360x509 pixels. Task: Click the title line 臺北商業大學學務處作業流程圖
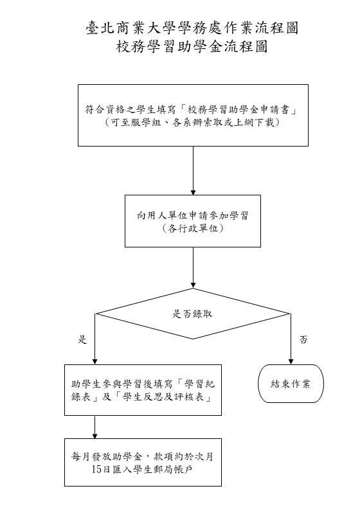[192, 28]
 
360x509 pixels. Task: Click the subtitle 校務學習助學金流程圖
[192, 46]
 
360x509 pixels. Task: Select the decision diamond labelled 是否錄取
[193, 314]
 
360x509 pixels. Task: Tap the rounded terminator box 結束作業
[291, 384]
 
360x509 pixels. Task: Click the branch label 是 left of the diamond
[82, 339]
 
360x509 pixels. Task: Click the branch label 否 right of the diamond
[303, 339]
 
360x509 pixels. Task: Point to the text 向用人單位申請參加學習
[193, 215]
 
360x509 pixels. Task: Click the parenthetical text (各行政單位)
[193, 229]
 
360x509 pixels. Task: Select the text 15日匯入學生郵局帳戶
[143, 469]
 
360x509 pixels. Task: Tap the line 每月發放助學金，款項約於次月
[143, 456]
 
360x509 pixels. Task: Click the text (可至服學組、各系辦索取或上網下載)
[192, 123]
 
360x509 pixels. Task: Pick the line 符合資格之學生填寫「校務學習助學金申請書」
[192, 110]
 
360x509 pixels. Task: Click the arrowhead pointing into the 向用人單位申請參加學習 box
[193, 193]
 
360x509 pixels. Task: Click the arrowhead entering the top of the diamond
[193, 285]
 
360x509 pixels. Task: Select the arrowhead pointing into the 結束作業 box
[291, 362]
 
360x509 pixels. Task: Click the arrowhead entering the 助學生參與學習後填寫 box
[94, 362]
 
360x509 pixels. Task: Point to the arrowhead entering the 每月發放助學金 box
[94, 436]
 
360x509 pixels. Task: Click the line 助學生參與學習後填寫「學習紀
[143, 384]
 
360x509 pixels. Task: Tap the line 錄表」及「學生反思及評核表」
[142, 397]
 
